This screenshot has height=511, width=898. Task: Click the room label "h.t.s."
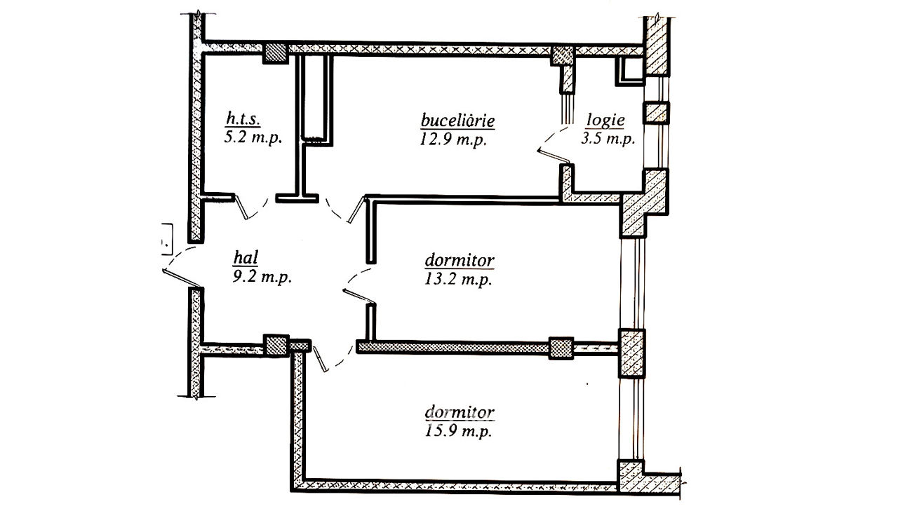click(x=243, y=119)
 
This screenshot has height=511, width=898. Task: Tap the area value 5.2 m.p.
click(x=253, y=138)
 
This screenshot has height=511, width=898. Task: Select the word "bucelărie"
click(x=457, y=120)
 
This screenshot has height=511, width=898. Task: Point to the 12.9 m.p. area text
click(x=453, y=139)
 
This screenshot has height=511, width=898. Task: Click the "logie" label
click(x=605, y=120)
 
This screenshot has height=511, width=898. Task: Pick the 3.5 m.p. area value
click(x=608, y=139)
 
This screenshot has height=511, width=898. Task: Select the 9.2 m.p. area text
click(x=262, y=277)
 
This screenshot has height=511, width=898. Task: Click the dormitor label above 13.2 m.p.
click(x=460, y=261)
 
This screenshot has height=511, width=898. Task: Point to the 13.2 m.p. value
click(x=458, y=279)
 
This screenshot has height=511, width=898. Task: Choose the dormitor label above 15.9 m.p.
click(x=460, y=412)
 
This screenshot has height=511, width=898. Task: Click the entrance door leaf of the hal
click(x=181, y=278)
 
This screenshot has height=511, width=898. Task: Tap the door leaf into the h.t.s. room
click(x=241, y=207)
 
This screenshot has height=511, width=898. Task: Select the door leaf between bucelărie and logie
click(x=554, y=156)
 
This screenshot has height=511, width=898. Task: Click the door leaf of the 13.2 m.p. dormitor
click(x=358, y=296)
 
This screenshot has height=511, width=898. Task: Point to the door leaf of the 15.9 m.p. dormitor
click(x=321, y=359)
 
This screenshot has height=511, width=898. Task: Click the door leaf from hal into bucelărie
click(x=357, y=209)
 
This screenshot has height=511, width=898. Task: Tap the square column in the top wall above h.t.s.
click(x=276, y=53)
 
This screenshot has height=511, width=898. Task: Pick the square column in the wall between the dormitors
click(x=561, y=348)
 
